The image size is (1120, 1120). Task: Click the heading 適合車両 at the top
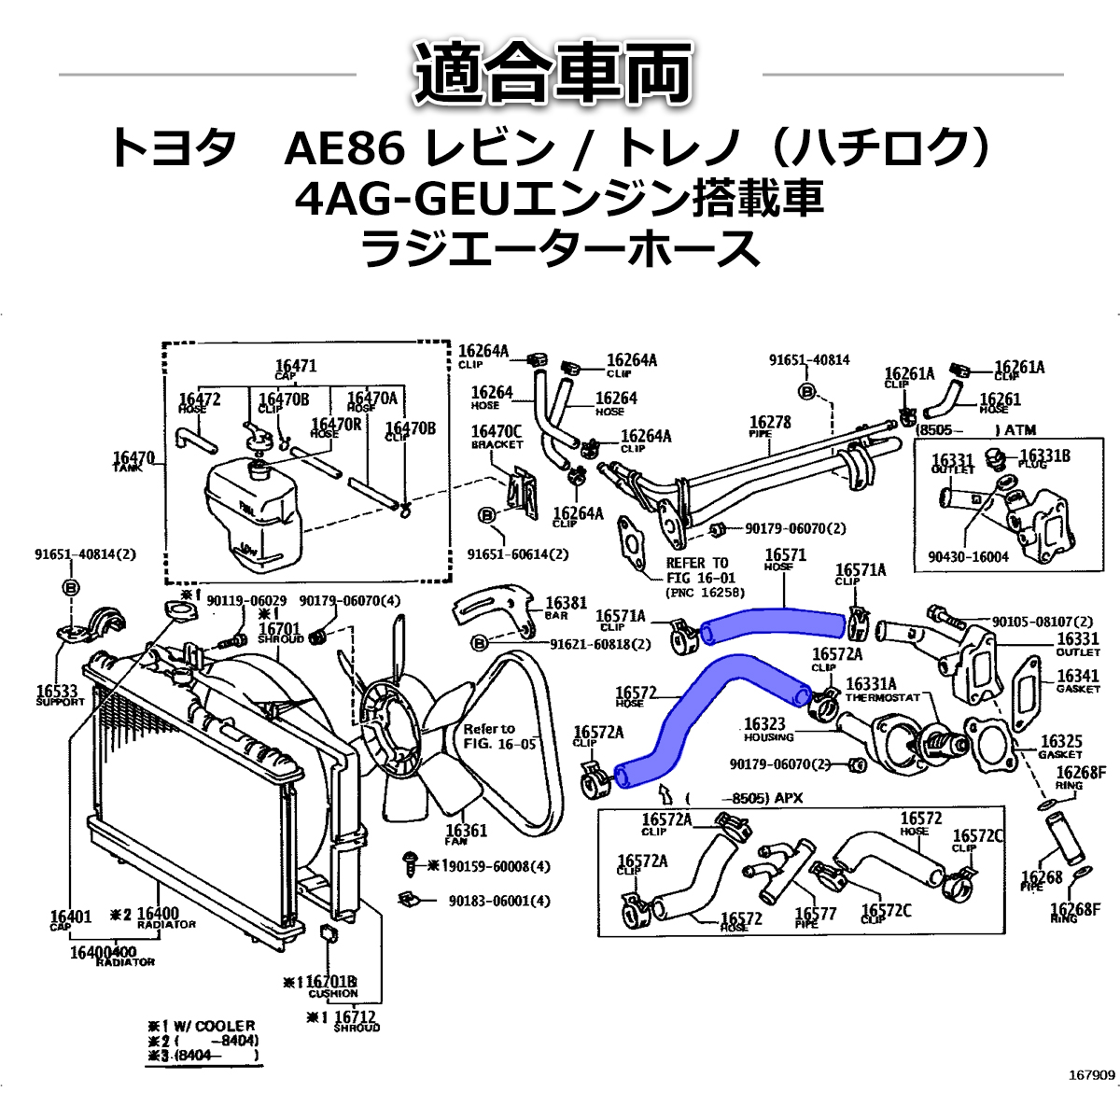coord(559,74)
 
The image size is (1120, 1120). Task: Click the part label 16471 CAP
coord(296,368)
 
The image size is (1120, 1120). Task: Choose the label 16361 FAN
coord(467,833)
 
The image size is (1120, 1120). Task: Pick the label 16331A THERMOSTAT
coord(882,689)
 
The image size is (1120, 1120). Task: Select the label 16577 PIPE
coord(816,917)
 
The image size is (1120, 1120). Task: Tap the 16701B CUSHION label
coord(331,986)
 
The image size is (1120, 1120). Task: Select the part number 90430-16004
coord(968,557)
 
